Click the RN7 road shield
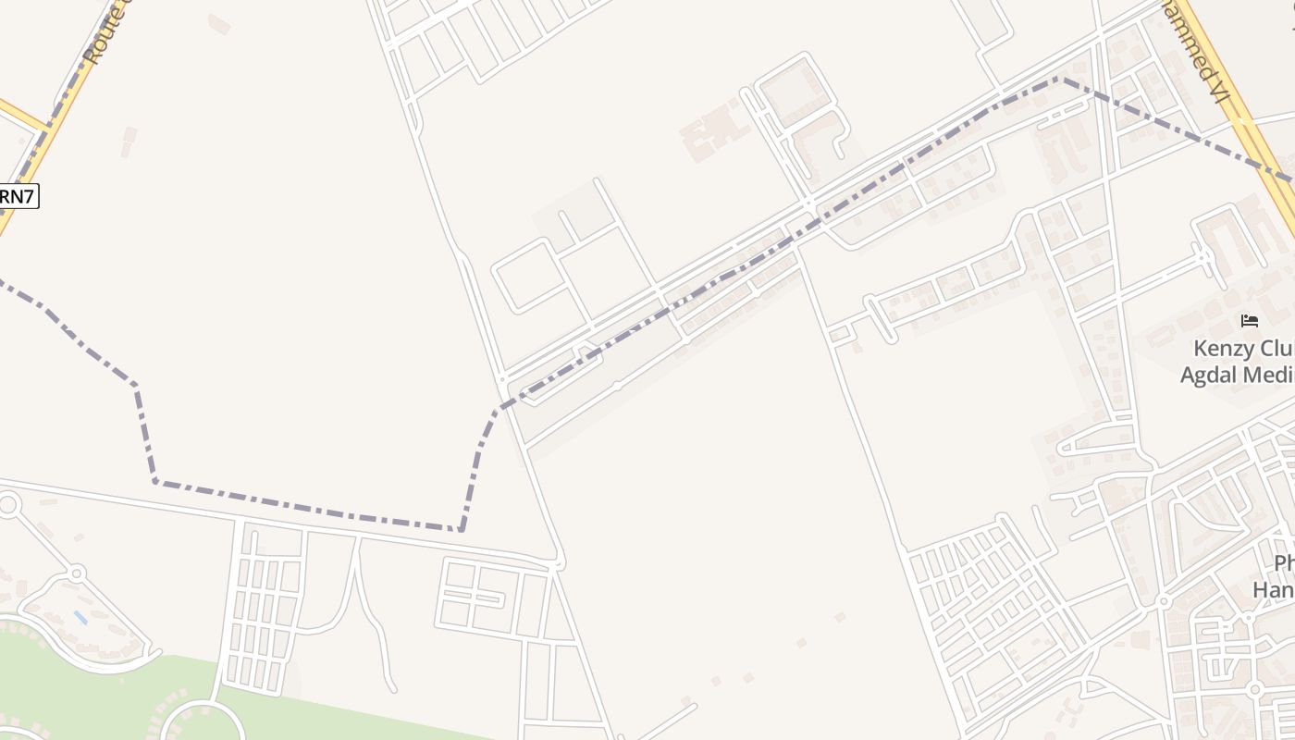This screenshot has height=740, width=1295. (18, 196)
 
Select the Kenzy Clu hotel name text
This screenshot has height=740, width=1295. (1239, 349)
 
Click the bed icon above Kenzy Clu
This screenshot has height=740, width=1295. (1250, 321)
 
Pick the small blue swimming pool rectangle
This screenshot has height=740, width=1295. (81, 617)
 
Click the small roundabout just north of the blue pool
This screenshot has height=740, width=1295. (78, 573)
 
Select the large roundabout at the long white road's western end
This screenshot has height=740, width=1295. (8, 504)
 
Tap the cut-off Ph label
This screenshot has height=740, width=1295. (1284, 563)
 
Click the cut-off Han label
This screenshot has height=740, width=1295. (1274, 589)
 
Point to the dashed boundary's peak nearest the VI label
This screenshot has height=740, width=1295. (1060, 80)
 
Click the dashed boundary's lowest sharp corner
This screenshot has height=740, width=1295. (462, 529)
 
